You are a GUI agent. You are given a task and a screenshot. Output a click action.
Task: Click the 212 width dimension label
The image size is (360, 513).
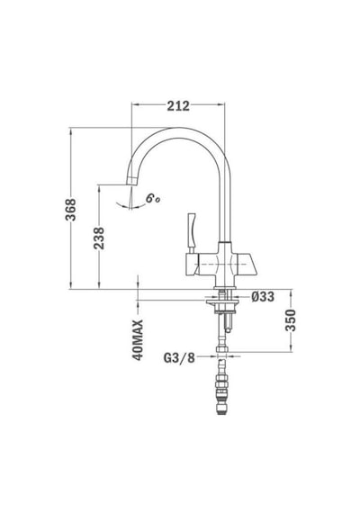pos(178,105)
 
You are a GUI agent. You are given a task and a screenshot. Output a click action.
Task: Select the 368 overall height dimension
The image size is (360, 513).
pos(71,210)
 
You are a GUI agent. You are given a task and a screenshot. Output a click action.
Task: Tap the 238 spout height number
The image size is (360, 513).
pos(99,238)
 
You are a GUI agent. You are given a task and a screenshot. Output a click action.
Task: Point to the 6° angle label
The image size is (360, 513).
pos(152,198)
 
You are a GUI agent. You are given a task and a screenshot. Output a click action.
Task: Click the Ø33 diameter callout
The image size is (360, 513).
pos(263,297)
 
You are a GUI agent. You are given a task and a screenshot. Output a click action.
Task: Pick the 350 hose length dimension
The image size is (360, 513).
pos(291,320)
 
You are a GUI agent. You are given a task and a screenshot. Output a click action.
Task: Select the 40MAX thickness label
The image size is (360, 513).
pos(138,340)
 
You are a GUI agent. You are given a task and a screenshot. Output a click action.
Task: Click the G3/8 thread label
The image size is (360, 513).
pos(179,358)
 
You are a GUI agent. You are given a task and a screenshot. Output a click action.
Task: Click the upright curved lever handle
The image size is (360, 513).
pos(191,230)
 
